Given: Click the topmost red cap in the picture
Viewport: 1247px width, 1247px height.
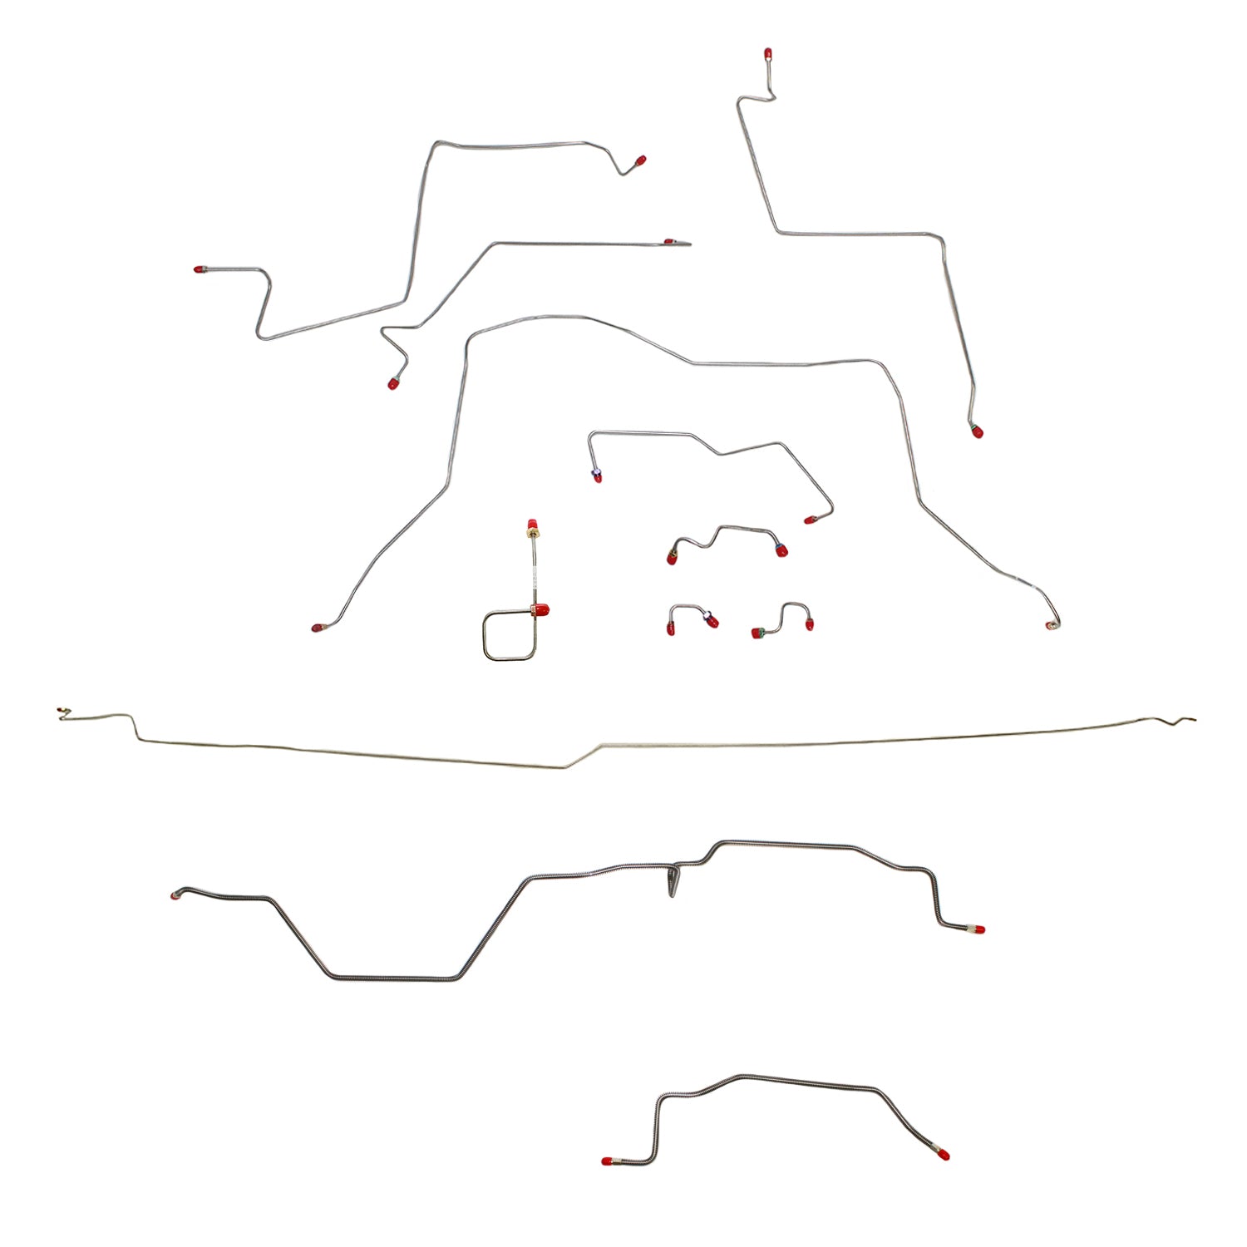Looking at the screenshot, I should point(767,56).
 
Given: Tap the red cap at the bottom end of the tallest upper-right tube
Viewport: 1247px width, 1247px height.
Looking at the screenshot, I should point(977,431).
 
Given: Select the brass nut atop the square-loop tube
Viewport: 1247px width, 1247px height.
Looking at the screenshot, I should point(530,527).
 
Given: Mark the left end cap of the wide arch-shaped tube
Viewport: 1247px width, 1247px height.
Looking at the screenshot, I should point(317,628).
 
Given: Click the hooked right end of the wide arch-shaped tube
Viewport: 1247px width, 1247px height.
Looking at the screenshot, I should point(1053,623).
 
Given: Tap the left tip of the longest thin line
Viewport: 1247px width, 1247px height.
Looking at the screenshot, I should point(61,712).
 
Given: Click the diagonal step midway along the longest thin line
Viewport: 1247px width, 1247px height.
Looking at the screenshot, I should point(584,754).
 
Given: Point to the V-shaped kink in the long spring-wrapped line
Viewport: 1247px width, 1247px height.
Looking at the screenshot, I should point(673,881).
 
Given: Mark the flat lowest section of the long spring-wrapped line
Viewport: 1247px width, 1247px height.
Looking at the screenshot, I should point(391,977).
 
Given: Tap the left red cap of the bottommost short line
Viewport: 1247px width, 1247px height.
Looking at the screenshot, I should point(607,1161).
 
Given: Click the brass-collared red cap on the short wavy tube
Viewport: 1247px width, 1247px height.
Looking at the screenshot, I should point(672,557).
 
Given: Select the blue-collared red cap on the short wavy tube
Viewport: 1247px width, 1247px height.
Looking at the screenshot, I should point(781,550).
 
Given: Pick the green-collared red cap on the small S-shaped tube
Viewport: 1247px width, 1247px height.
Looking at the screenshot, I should point(757,633).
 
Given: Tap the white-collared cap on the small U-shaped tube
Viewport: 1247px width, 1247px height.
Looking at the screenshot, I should point(710,620).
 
